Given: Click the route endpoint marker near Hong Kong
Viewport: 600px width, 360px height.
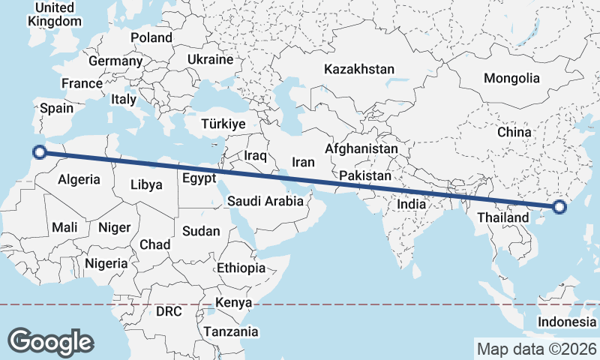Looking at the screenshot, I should tap(559, 207).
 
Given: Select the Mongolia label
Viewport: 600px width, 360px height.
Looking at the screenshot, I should tap(511, 78).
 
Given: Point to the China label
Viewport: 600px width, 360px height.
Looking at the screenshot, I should tap(514, 132).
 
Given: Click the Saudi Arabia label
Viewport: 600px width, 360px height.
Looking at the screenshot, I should tap(265, 201).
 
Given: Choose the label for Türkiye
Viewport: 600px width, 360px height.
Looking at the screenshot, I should tap(223, 124).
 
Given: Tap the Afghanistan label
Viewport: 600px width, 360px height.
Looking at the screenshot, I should tap(361, 149).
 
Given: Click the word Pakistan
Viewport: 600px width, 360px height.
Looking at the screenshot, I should tap(365, 175).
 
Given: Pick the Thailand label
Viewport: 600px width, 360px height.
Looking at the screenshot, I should tap(499, 218).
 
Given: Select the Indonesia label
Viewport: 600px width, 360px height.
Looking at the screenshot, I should tap(566, 322).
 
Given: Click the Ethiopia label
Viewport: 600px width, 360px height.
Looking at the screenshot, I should tap(241, 268).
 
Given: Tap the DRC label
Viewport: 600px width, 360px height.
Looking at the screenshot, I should tap(169, 310).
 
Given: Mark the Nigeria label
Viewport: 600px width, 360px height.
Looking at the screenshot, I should tap(106, 263).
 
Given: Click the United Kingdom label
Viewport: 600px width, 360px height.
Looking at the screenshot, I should tap(54, 14).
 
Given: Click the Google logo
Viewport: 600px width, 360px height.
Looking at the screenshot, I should tap(50, 341).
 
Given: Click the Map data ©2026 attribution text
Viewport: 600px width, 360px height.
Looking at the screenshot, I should tap(535, 349).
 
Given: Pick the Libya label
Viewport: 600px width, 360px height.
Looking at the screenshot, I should tap(146, 184).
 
